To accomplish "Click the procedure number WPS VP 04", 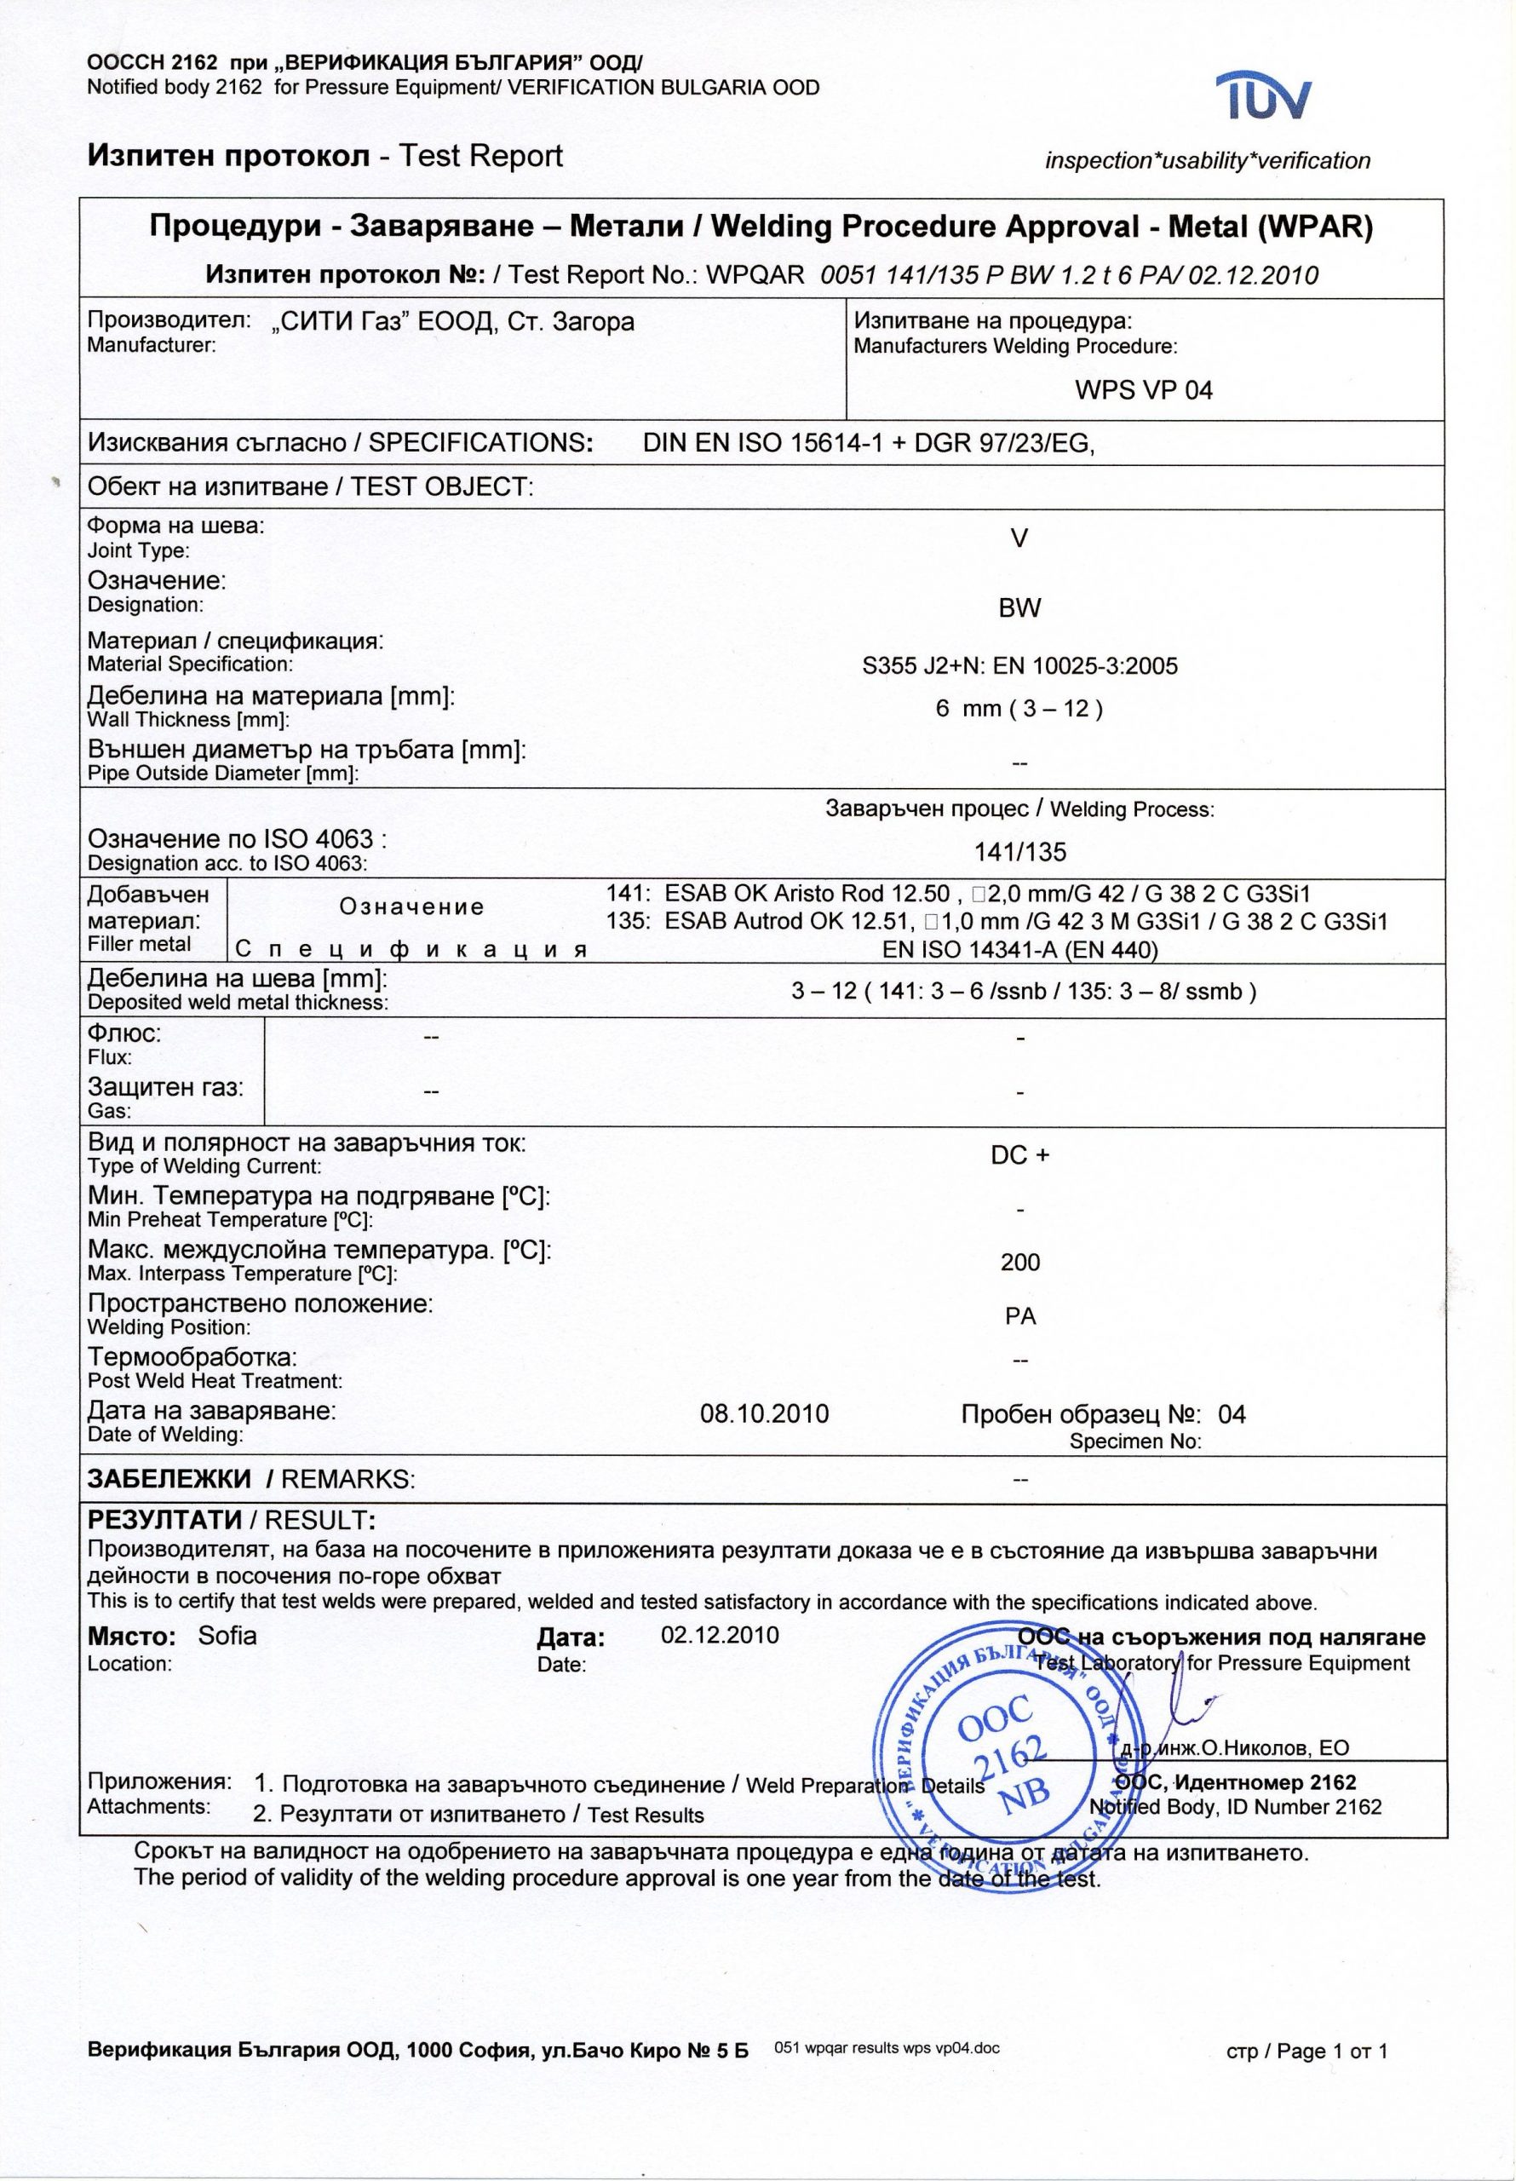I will click(x=1144, y=390).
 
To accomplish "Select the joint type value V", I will click(x=1019, y=538).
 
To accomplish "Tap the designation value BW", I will click(x=1019, y=608).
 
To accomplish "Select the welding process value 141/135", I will click(x=1020, y=851).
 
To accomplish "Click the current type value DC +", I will click(x=1020, y=1155).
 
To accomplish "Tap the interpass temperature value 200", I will click(x=1020, y=1263).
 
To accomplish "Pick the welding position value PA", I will click(x=1020, y=1315).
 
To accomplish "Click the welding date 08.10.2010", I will click(x=764, y=1414).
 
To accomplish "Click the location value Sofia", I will click(x=227, y=1636).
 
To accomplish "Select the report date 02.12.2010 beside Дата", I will click(x=719, y=1635).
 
